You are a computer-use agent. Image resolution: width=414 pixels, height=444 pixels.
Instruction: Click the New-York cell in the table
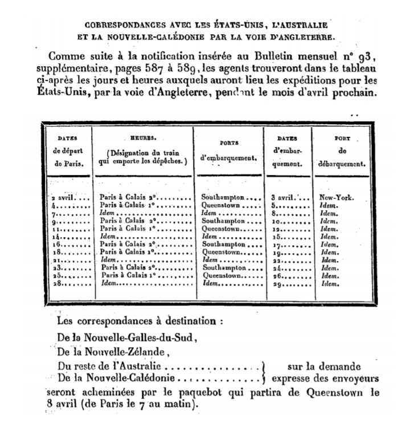point(337,198)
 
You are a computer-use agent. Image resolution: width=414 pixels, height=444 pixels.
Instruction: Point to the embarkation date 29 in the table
point(277,283)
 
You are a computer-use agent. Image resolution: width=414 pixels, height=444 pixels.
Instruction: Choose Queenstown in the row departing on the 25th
point(222,275)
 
